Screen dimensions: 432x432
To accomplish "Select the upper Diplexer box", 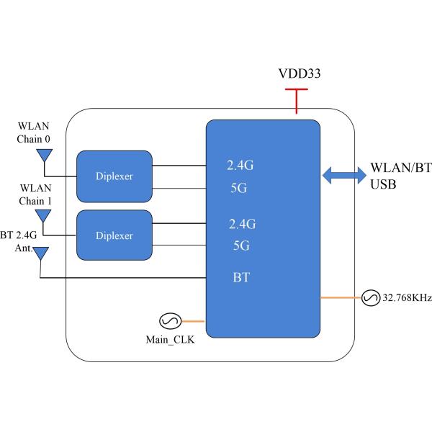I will pos(114,175).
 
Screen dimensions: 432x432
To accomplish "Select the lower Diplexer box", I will pos(114,235).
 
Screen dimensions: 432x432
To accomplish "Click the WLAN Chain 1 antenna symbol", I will pos(44,215).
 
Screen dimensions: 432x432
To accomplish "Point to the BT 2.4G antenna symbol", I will pos(41,253).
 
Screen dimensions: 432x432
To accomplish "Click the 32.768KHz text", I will pos(406,297).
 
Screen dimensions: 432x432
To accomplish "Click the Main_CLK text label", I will pos(165,341).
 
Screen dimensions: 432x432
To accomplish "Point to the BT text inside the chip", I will pos(240,276).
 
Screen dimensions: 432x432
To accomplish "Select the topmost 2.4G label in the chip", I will pos(240,165).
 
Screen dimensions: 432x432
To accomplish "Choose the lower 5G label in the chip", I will pos(240,245).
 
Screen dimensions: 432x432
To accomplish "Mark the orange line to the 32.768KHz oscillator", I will pos(340,297).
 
